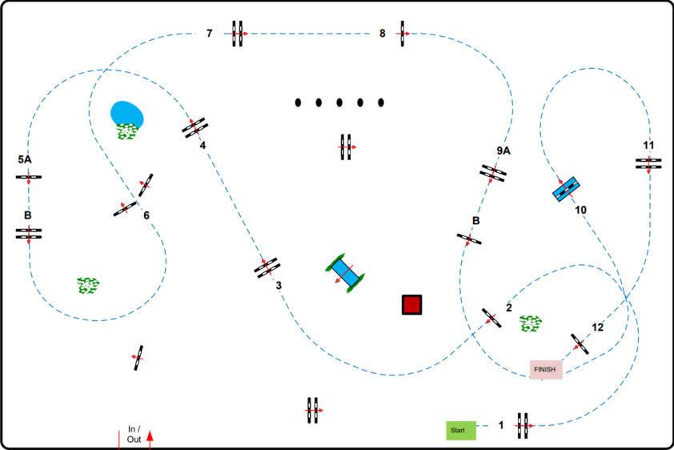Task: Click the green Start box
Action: [x=461, y=430]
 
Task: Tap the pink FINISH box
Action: [x=546, y=369]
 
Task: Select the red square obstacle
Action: [x=411, y=304]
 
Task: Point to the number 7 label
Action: [x=209, y=34]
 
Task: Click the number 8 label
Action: [x=383, y=34]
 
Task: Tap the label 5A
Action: [x=25, y=159]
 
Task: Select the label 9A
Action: [x=503, y=151]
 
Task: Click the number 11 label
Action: [x=648, y=145]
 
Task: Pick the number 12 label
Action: [x=598, y=327]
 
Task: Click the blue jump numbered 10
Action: [x=568, y=189]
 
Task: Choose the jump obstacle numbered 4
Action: [x=195, y=127]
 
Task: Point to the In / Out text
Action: [x=134, y=434]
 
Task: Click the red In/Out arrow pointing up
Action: [x=150, y=436]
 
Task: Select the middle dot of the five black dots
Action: [x=339, y=102]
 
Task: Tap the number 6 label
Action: [x=146, y=215]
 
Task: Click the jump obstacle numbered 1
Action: [x=523, y=425]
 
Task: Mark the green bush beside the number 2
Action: [x=530, y=323]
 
